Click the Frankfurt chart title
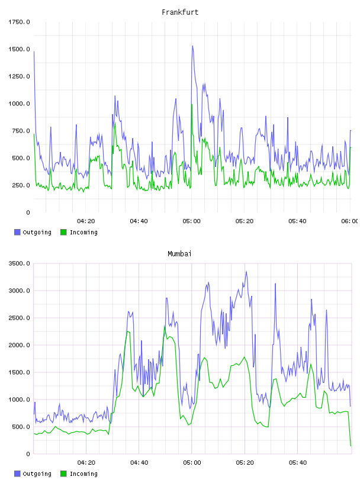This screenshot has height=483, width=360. click(x=180, y=12)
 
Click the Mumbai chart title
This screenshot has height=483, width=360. click(x=179, y=254)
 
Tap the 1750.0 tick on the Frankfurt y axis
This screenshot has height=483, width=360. click(x=19, y=22)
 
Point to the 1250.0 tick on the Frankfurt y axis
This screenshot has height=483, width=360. click(x=19, y=76)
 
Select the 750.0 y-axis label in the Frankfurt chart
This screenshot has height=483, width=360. click(x=21, y=131)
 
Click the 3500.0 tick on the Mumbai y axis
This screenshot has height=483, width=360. click(x=19, y=263)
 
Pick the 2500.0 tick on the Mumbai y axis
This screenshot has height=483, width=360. click(x=19, y=318)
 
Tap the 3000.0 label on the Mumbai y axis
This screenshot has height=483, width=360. click(x=19, y=291)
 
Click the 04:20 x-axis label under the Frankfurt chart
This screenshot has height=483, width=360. click(x=86, y=221)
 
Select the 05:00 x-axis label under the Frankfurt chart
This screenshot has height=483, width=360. click(x=191, y=221)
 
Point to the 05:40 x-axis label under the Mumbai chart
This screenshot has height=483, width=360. click(x=298, y=463)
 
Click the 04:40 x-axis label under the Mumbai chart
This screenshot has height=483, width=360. click(x=139, y=463)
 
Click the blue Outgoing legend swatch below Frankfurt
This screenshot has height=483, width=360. click(x=17, y=232)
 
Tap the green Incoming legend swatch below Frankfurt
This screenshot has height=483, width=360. click(x=63, y=232)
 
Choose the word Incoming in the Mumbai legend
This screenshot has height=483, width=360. click(x=83, y=474)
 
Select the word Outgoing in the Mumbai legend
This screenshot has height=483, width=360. click(x=37, y=474)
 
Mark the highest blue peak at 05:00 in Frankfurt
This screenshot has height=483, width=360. click(x=192, y=46)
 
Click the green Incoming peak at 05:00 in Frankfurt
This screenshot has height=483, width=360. click(x=192, y=104)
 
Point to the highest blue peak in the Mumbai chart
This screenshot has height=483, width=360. click(x=246, y=272)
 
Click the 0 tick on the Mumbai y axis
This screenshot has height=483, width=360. click(x=28, y=454)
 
